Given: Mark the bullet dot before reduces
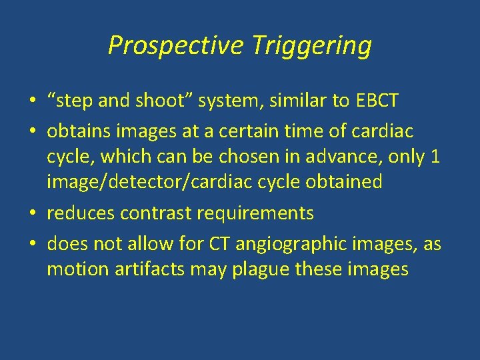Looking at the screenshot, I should [x=33, y=213].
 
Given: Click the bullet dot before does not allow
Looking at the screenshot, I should [x=33, y=243].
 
